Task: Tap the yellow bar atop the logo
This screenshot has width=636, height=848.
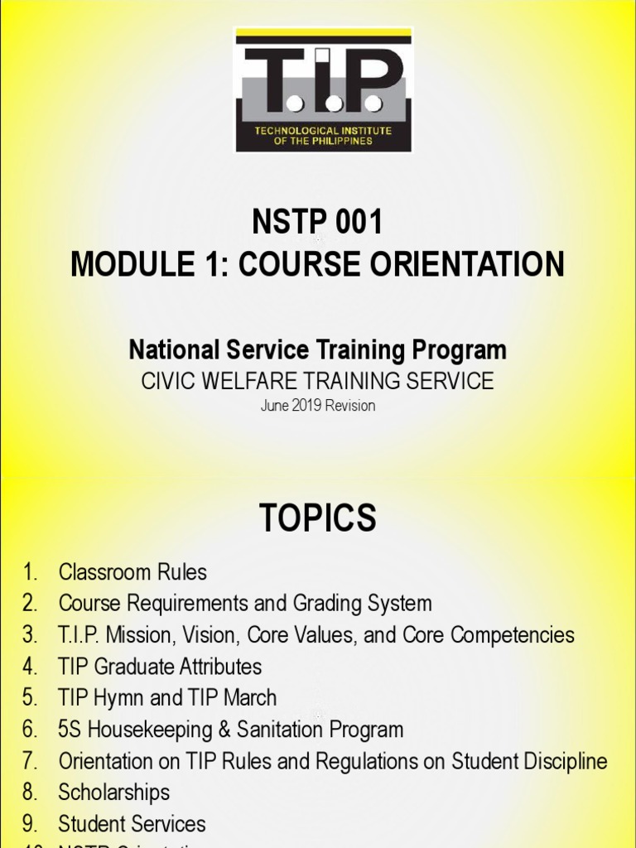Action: pyautogui.click(x=323, y=36)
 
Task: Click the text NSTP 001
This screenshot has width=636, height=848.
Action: pyautogui.click(x=318, y=223)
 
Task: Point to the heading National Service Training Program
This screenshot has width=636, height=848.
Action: pyautogui.click(x=318, y=350)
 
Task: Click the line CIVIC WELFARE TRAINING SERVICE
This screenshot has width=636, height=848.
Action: pyautogui.click(x=318, y=381)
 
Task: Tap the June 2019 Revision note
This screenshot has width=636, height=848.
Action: pyautogui.click(x=318, y=406)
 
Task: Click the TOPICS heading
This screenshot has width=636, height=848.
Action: pyautogui.click(x=318, y=519)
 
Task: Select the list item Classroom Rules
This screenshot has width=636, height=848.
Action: pyautogui.click(x=132, y=572)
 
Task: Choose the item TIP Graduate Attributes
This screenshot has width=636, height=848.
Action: pyautogui.click(x=160, y=667)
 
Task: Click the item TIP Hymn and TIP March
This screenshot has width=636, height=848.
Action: pyautogui.click(x=167, y=698)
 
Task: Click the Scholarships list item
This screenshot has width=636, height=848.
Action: pyautogui.click(x=113, y=793)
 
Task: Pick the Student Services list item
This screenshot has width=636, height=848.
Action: pyautogui.click(x=132, y=824)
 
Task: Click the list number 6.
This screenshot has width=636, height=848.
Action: pyautogui.click(x=30, y=730)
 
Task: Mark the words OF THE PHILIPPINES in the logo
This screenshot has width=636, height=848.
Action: pyautogui.click(x=324, y=141)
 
